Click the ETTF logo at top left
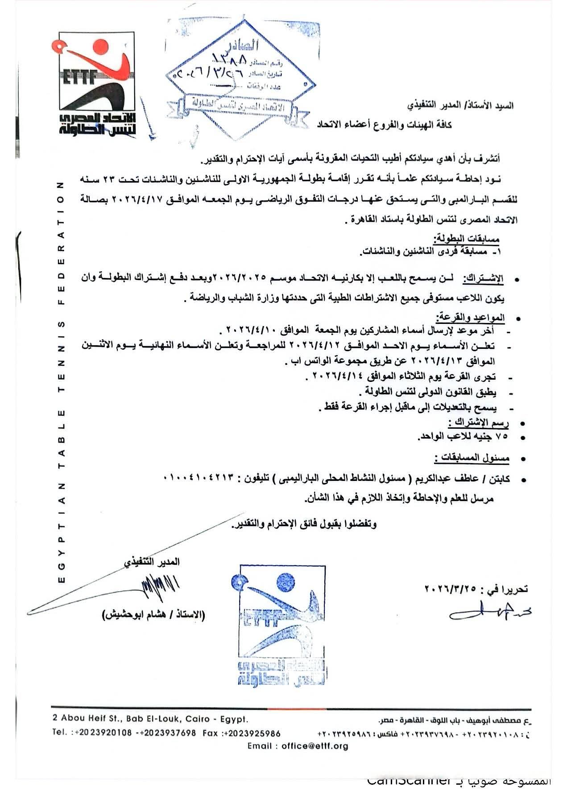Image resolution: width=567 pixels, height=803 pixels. click(96, 83)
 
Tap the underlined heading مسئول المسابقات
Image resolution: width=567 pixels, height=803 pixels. click(472, 458)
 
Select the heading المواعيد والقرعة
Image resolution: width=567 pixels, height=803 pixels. click(470, 318)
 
